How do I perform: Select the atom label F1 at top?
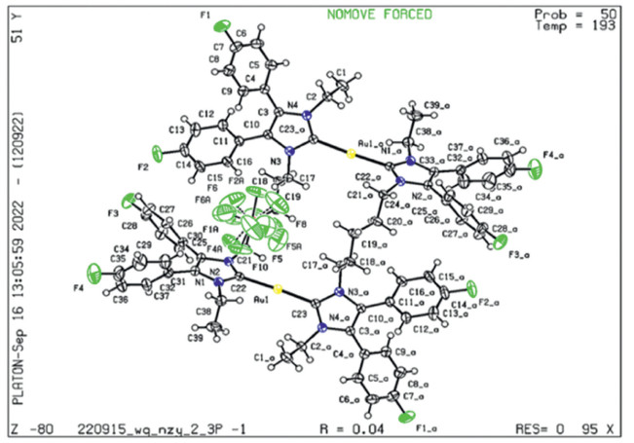(205, 17)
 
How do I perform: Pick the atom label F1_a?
(427, 427)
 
